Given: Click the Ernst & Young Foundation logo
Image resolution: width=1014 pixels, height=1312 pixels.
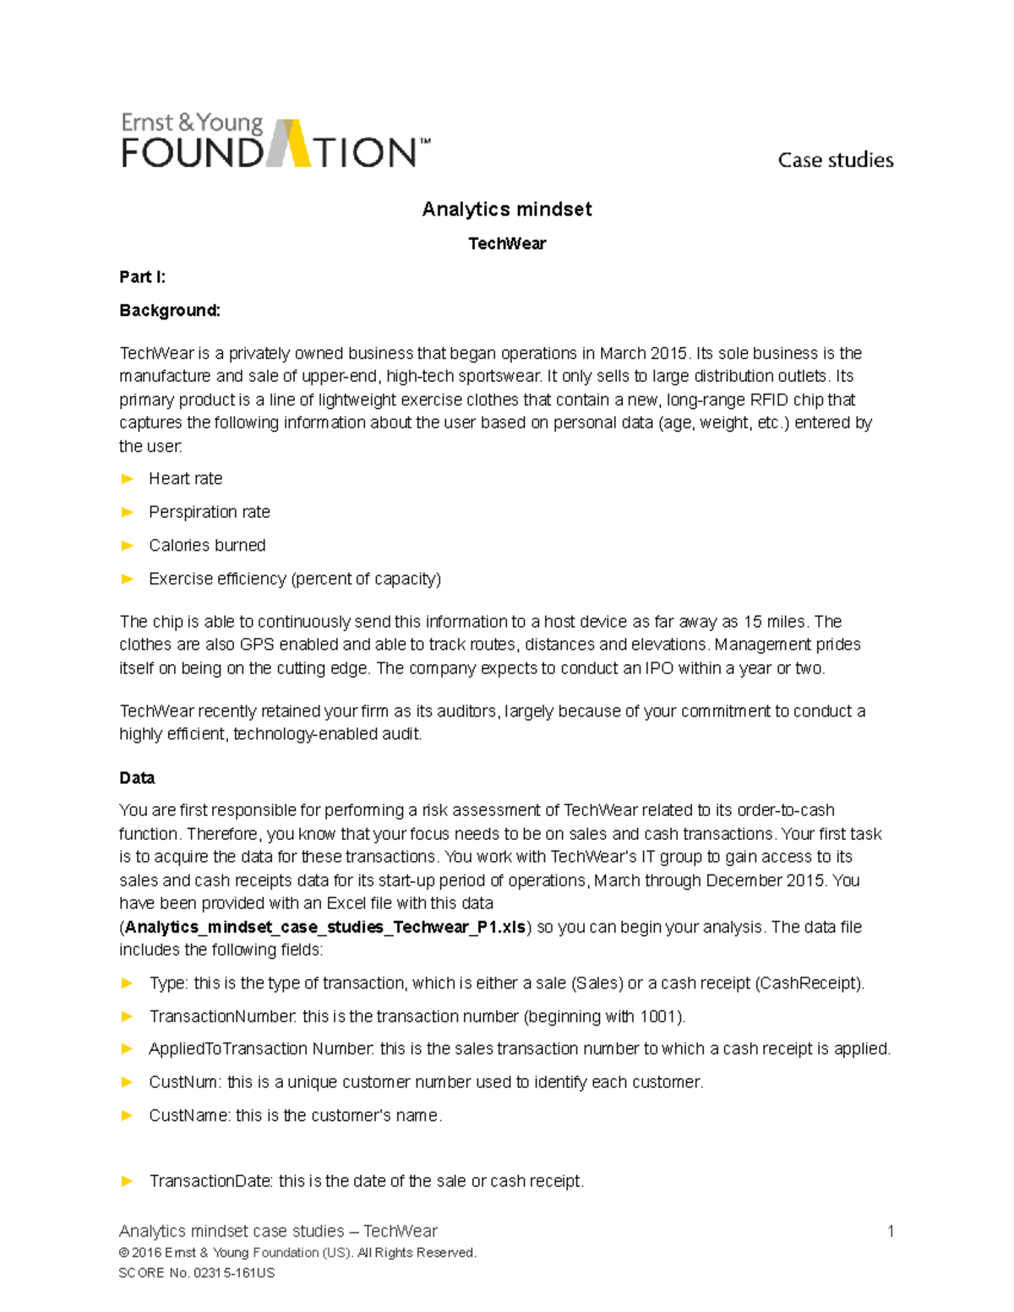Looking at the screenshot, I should click(275, 140).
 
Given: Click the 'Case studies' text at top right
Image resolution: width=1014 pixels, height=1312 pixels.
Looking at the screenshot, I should click(835, 160).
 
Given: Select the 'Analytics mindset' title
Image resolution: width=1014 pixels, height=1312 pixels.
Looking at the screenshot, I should click(507, 210).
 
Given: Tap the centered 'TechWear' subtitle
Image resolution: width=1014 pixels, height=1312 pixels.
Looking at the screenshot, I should click(507, 243).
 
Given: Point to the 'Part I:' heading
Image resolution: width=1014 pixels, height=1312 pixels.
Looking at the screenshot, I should click(142, 277).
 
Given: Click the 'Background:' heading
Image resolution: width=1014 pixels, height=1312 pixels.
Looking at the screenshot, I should click(170, 311).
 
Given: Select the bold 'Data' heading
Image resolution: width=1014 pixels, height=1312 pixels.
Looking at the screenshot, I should click(137, 778).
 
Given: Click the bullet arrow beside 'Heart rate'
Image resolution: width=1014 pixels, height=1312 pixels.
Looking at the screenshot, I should click(128, 479).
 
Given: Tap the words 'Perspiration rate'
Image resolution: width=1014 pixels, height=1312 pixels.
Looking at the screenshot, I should click(210, 512).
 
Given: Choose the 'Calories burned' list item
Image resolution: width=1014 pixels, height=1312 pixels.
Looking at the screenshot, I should click(207, 546).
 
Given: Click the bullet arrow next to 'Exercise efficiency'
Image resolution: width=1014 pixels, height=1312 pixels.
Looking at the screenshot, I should click(128, 579).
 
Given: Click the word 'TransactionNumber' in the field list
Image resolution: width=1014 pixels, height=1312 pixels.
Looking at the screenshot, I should click(221, 1016).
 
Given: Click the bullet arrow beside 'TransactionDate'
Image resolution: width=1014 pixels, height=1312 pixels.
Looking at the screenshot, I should click(128, 1181).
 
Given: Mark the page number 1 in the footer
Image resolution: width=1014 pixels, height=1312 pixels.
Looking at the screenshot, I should click(890, 1231).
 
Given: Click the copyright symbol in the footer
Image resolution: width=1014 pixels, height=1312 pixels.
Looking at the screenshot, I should click(124, 1253).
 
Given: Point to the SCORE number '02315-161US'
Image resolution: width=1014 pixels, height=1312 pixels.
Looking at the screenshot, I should click(234, 1273).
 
